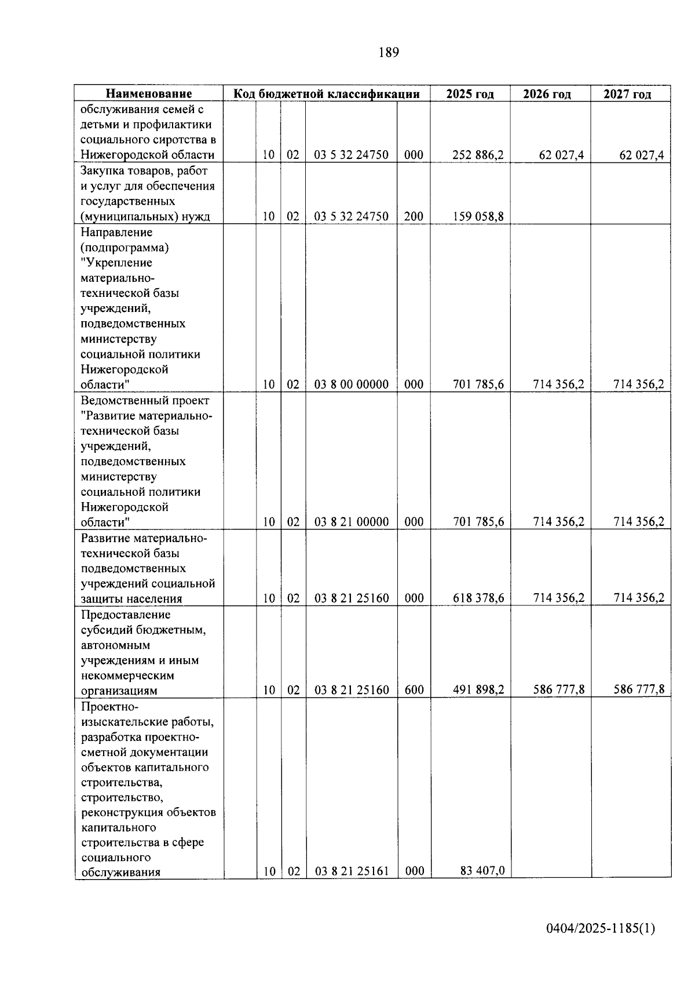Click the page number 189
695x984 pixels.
pos(389,53)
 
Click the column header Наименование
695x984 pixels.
pos(149,94)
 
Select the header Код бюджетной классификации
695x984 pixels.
pos(327,94)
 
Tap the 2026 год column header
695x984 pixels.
pos(547,94)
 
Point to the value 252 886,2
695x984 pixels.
pos(478,155)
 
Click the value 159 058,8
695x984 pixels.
pos(478,217)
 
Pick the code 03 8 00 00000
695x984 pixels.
pos(352,384)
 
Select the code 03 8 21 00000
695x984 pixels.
pos(352,522)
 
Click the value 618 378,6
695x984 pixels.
pos(478,598)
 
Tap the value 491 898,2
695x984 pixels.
pos(478,690)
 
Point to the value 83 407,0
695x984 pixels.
pos(482,871)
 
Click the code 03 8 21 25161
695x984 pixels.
pos(352,871)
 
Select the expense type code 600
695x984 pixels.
pos(414,690)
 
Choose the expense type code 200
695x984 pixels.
pos(414,217)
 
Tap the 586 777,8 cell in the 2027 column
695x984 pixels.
pos(639,690)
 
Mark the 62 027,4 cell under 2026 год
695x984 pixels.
pos(561,155)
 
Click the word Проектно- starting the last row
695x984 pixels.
pos(110,707)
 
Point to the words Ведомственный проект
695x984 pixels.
pos(145,401)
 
